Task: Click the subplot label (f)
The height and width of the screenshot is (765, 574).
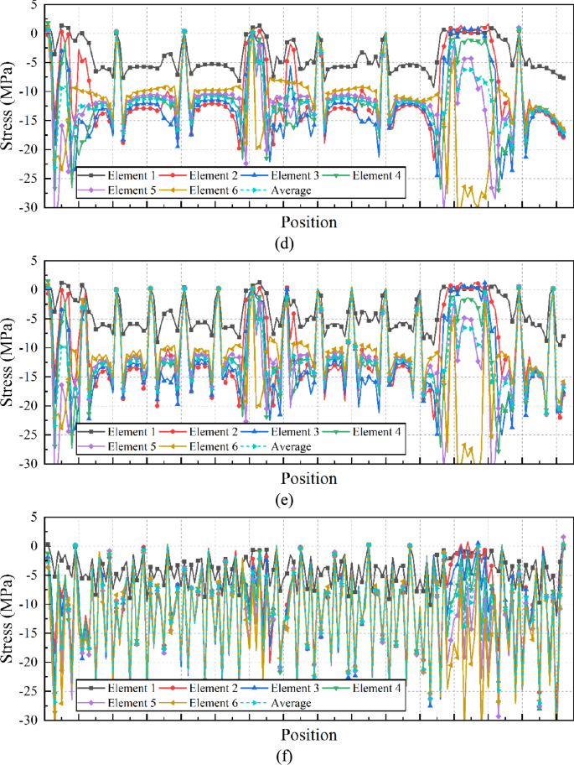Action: (287, 756)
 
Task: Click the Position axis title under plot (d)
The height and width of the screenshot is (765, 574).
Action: (308, 222)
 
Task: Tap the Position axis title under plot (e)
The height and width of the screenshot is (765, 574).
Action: (308, 478)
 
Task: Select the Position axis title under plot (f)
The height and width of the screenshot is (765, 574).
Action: (308, 735)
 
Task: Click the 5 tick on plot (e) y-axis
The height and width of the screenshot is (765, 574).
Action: (33, 260)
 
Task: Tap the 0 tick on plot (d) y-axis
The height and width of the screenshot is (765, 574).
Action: (33, 34)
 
